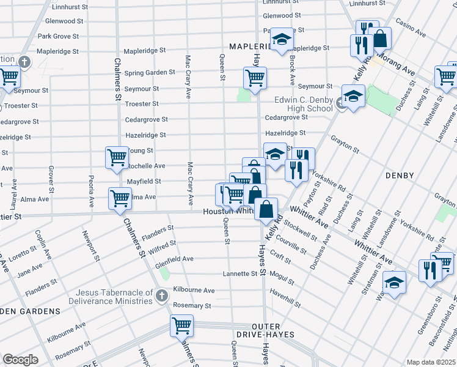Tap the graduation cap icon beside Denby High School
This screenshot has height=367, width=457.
point(353,98)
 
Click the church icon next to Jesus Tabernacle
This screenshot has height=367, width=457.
point(161,297)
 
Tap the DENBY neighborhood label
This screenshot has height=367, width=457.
point(401,176)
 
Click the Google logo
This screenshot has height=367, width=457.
point(20,360)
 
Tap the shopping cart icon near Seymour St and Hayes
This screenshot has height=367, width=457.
point(255,78)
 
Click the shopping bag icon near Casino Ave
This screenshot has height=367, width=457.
point(380,38)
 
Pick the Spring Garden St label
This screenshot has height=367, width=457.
point(150,73)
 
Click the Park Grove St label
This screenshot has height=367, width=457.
point(58,36)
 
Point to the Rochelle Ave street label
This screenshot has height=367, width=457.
point(145,166)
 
